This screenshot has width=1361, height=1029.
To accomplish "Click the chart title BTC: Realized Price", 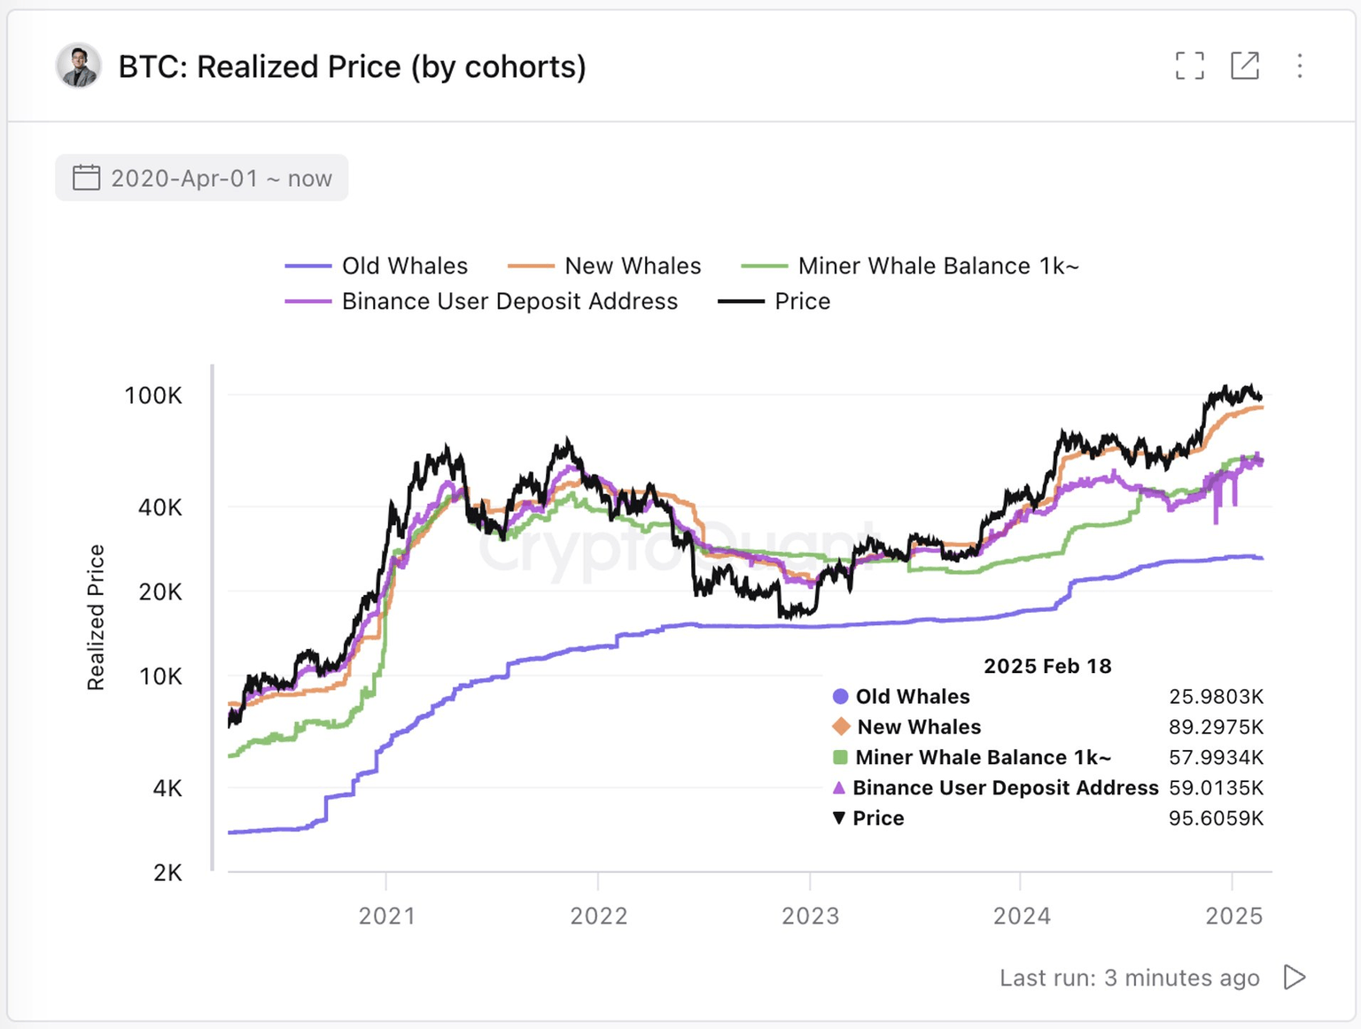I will pyautogui.click(x=352, y=66).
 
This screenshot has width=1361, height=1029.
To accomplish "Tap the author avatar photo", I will pyautogui.click(x=78, y=66).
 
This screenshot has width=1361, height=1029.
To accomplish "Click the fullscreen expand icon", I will pyautogui.click(x=1189, y=66).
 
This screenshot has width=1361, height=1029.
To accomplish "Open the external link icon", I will pyautogui.click(x=1245, y=66).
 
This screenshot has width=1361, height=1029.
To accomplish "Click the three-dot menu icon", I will pyautogui.click(x=1299, y=66).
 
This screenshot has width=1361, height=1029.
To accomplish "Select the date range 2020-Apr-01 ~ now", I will pyautogui.click(x=202, y=178).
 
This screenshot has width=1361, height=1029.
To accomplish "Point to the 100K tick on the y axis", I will pyautogui.click(x=153, y=395).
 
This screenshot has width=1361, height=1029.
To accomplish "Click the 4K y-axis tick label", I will pyautogui.click(x=167, y=788).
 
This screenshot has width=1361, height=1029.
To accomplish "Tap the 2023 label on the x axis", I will pyautogui.click(x=810, y=916).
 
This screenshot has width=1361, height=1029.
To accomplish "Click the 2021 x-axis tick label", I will pyautogui.click(x=386, y=916).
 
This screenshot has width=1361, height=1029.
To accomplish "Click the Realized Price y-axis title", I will pyautogui.click(x=96, y=617).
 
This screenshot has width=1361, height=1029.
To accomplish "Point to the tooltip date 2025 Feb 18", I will pyautogui.click(x=1047, y=666).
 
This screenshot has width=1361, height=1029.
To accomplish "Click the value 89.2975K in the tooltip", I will pyautogui.click(x=1216, y=727).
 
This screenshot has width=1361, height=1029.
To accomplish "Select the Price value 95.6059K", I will pyautogui.click(x=1216, y=818).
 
